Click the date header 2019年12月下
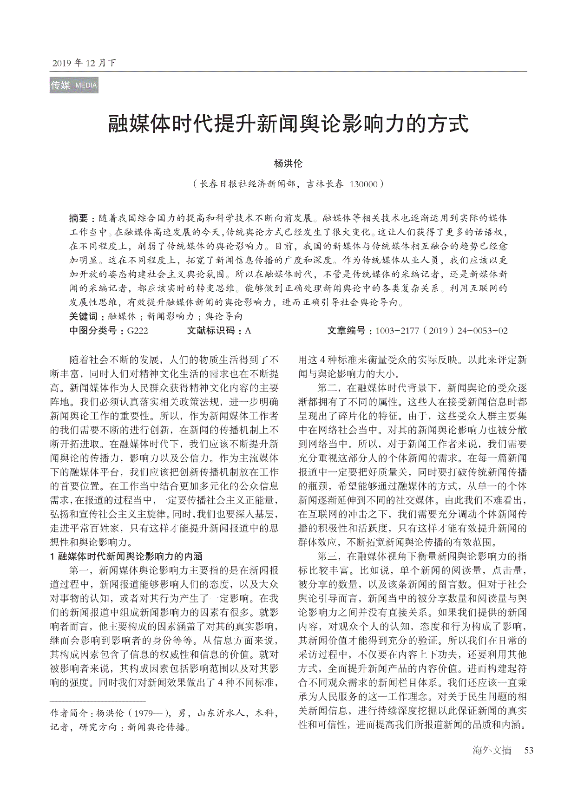[83, 63]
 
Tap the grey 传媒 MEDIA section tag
[74, 85]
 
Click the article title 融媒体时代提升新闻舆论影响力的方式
[288, 124]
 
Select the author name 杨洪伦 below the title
[288, 164]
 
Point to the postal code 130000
[363, 184]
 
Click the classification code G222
[137, 331]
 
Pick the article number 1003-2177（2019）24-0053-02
[441, 331]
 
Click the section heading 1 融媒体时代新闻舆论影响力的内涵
[126, 556]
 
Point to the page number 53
[529, 750]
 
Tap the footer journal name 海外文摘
[492, 750]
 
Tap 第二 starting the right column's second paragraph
[328, 388]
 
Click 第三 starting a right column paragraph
[328, 556]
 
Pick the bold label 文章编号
[346, 331]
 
